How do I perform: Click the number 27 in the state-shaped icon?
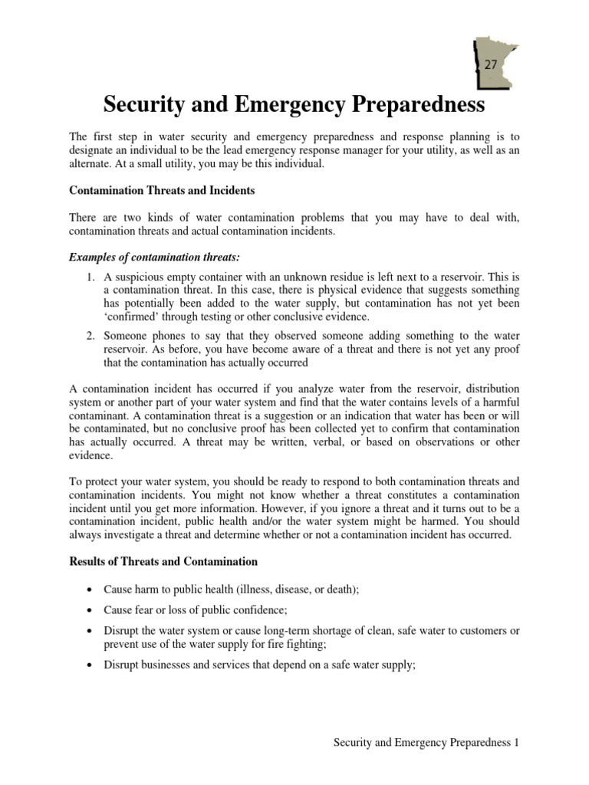point(490,65)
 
